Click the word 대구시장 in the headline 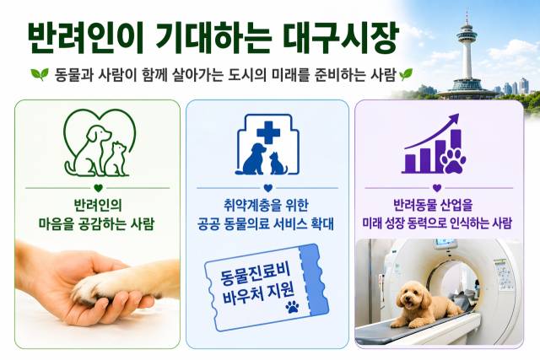pyautogui.click(x=341, y=38)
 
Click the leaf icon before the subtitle pyautogui.click(x=40, y=74)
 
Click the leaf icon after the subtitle pyautogui.click(x=406, y=74)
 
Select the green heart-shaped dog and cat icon pyautogui.click(x=100, y=142)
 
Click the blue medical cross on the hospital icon pyautogui.click(x=268, y=132)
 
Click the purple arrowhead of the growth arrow pyautogui.click(x=453, y=119)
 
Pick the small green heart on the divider pyautogui.click(x=98, y=188)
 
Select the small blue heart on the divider pyautogui.click(x=267, y=188)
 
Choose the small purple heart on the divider pyautogui.click(x=437, y=188)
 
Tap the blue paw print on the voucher pyautogui.click(x=292, y=306)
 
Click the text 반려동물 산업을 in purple pyautogui.click(x=433, y=206)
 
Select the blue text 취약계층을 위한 pyautogui.click(x=266, y=206)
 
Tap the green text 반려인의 pyautogui.click(x=98, y=206)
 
